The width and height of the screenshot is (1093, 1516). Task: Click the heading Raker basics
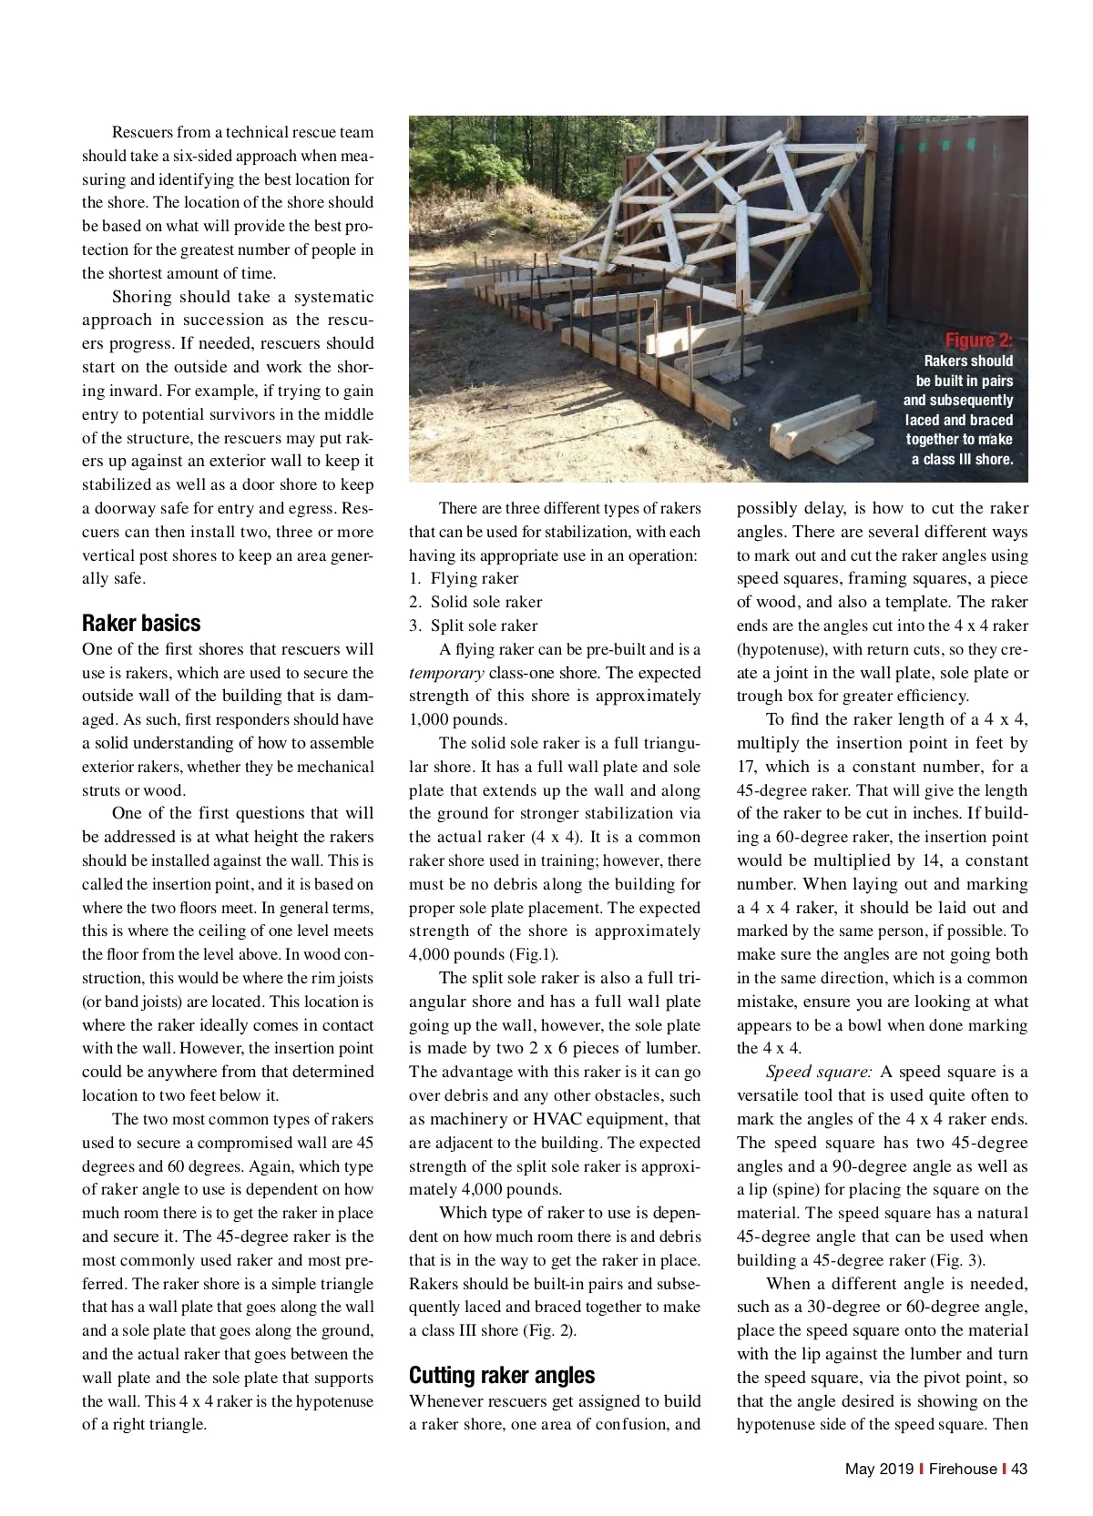(x=141, y=624)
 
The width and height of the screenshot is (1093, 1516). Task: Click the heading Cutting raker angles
(x=502, y=1375)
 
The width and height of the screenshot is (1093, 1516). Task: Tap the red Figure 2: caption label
(x=978, y=341)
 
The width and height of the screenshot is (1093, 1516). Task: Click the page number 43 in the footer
(x=1019, y=1469)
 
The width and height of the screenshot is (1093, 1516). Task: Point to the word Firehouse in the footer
(x=963, y=1469)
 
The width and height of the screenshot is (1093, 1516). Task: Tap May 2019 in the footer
(x=878, y=1469)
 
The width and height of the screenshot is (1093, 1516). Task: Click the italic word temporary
(x=446, y=673)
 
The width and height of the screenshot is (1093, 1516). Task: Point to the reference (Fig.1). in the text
(x=533, y=954)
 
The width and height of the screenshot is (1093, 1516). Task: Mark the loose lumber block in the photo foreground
(x=824, y=437)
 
